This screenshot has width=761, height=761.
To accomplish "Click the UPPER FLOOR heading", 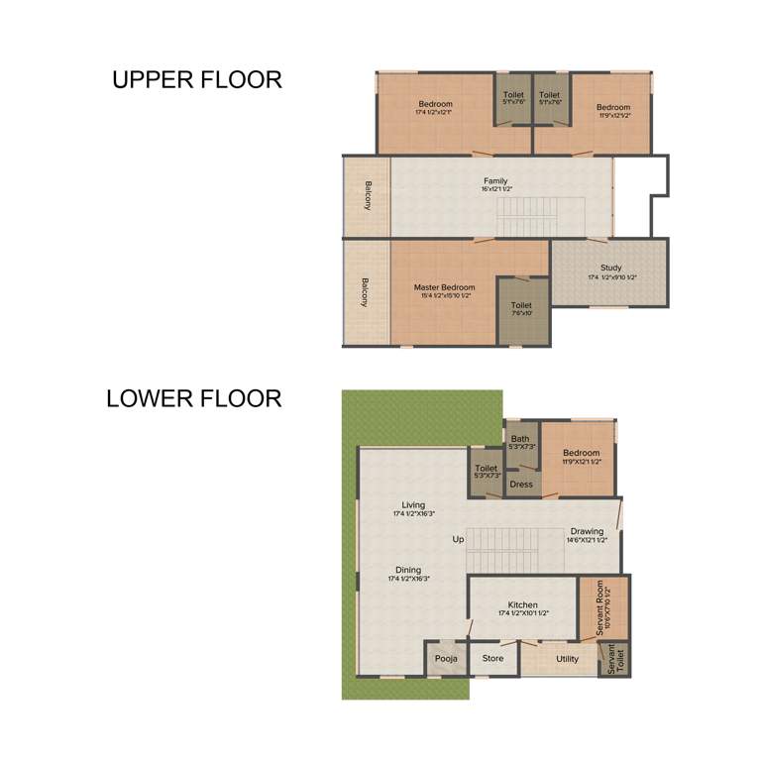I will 196,80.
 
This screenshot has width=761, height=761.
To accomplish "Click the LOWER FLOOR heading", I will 194,399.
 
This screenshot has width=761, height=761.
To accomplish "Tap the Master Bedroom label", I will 443,288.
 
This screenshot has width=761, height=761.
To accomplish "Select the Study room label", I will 610,268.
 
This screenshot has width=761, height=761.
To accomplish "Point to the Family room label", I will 495,181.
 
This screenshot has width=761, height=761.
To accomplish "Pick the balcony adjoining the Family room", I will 367,196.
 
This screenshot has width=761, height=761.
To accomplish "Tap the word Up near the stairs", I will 458,540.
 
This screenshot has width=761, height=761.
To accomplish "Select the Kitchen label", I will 522,605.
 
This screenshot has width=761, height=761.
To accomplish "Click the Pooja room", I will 442,658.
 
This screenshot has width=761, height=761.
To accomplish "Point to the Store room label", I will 492,658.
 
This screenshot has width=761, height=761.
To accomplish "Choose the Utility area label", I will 567,658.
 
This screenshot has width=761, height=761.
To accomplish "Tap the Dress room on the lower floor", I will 521,485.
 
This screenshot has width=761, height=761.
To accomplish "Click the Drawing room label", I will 587,532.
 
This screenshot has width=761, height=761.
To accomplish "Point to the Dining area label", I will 408,571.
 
